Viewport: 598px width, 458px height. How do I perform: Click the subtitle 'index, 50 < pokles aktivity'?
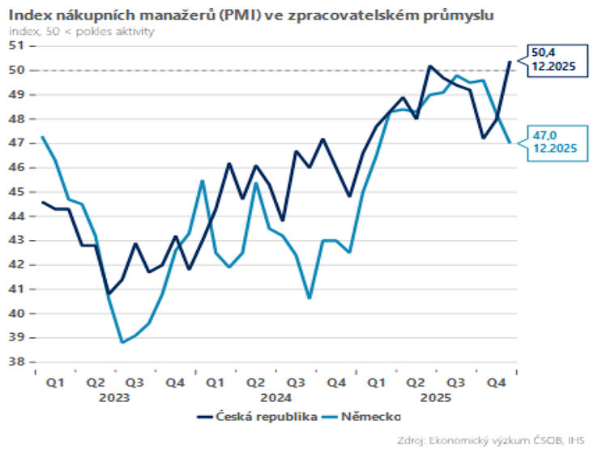pyautogui.click(x=81, y=32)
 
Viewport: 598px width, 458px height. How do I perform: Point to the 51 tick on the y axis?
pyautogui.click(x=18, y=45)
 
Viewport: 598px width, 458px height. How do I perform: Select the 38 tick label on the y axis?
pyautogui.click(x=18, y=362)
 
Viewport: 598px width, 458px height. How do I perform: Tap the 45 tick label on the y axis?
pyautogui.click(x=18, y=192)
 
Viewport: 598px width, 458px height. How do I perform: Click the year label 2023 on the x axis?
pyautogui.click(x=116, y=398)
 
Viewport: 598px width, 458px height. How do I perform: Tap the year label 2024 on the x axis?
pyautogui.click(x=276, y=398)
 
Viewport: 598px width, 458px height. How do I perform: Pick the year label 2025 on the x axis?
pyautogui.click(x=437, y=398)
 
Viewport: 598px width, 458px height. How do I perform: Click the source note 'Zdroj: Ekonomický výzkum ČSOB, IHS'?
pyautogui.click(x=491, y=441)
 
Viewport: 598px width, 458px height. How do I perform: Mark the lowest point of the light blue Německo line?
pyautogui.click(x=122, y=342)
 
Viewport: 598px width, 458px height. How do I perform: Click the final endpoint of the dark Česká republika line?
pyautogui.click(x=510, y=61)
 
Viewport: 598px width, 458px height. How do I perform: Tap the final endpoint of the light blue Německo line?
pyautogui.click(x=510, y=143)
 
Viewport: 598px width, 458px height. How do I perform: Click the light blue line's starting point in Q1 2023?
pyautogui.click(x=42, y=137)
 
